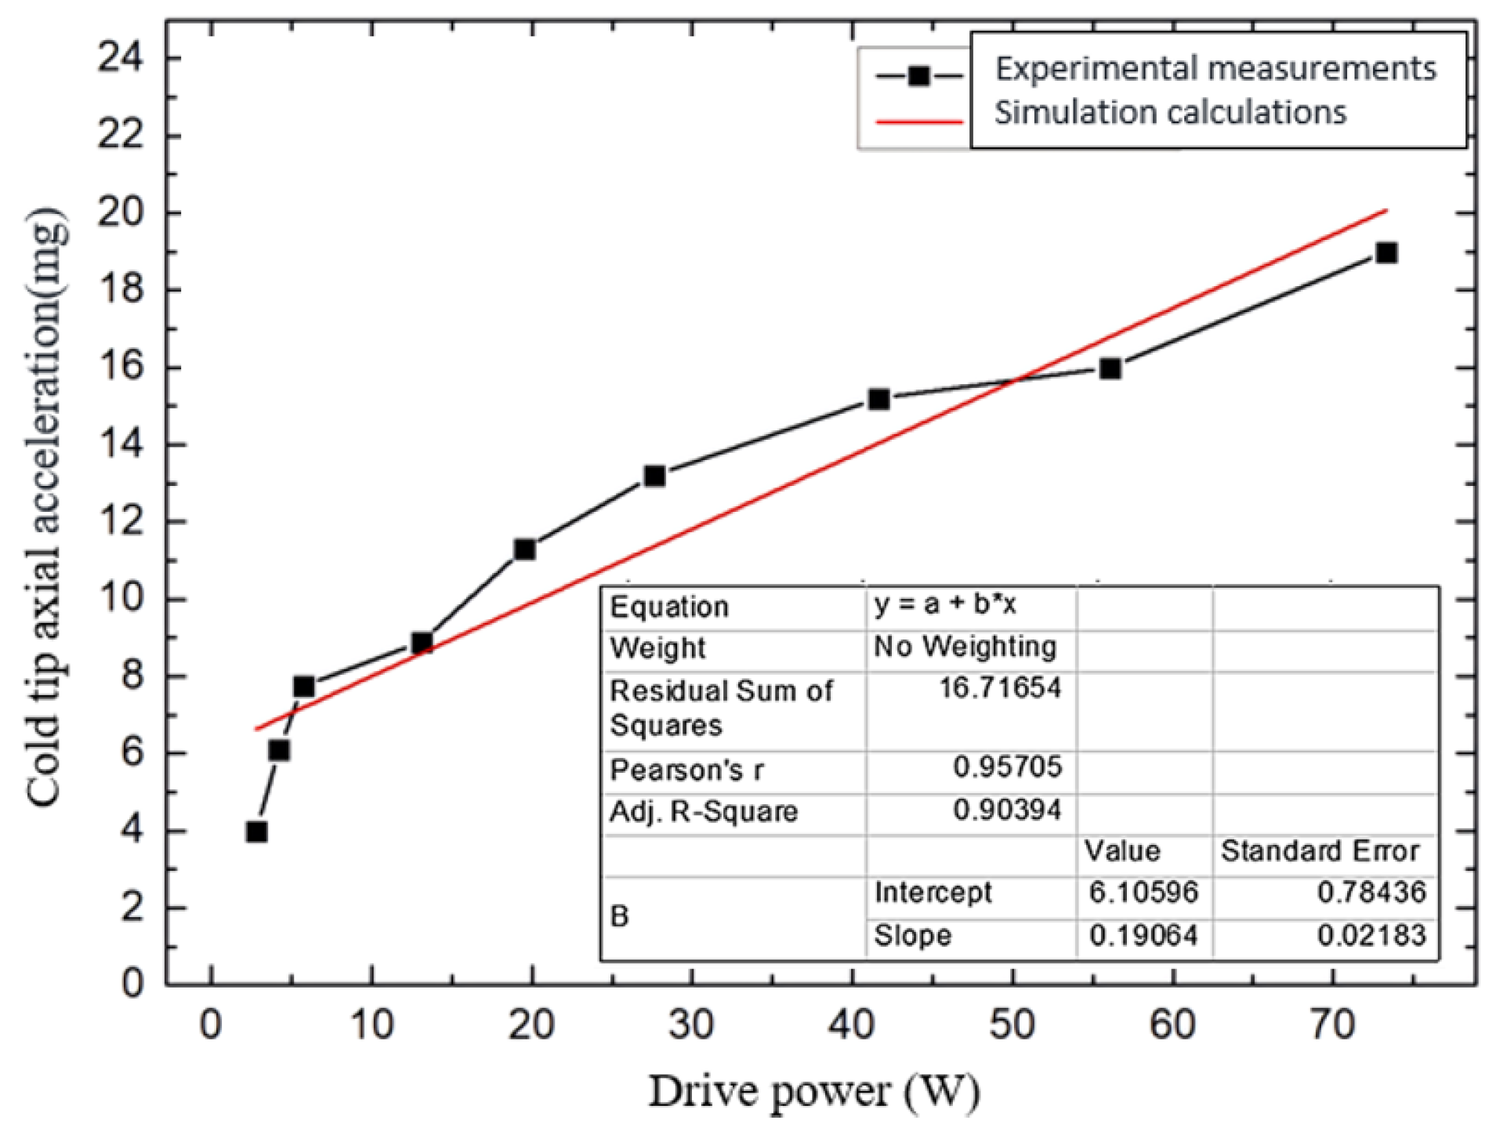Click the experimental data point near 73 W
click(1386, 253)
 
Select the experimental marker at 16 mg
click(1110, 368)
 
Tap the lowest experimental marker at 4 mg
click(256, 832)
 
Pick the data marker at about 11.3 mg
click(524, 549)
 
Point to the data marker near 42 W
click(878, 399)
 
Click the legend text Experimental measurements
click(1215, 69)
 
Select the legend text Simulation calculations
click(1170, 113)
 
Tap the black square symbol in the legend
click(918, 76)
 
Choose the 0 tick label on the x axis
click(210, 1024)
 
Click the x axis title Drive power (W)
click(813, 1092)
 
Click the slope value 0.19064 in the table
click(1143, 935)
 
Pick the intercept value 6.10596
click(1143, 892)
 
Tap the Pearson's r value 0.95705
click(1007, 767)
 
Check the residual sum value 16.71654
click(1000, 688)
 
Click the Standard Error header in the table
click(1320, 851)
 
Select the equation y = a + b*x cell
click(945, 604)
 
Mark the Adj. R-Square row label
click(703, 811)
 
